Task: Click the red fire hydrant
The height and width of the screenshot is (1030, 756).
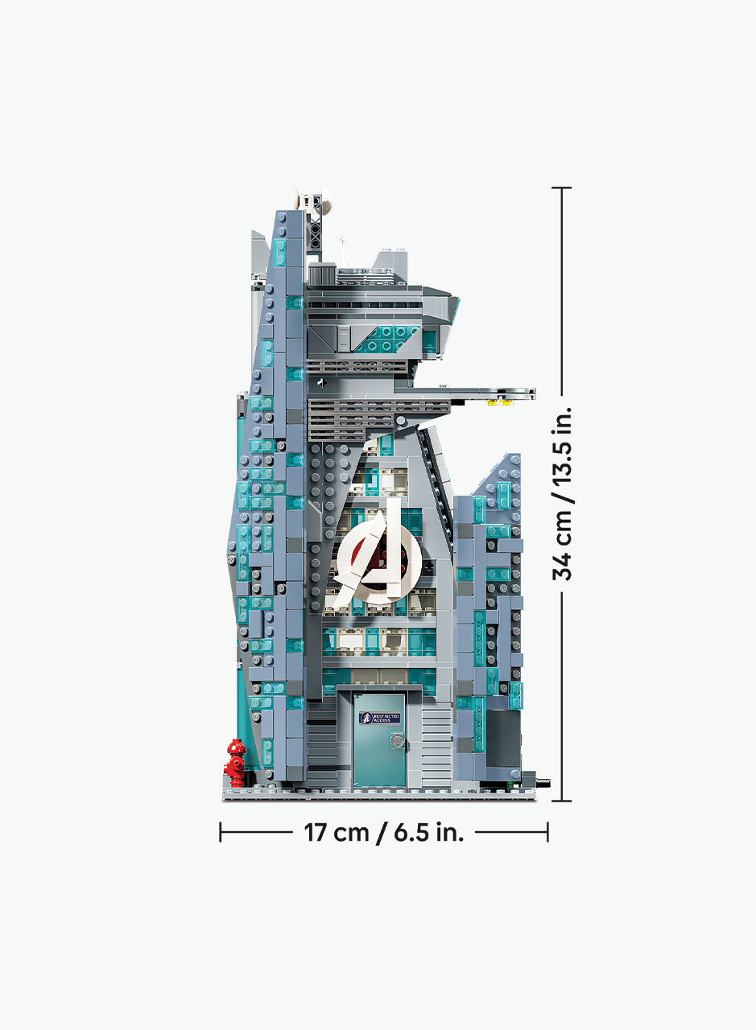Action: click(235, 763)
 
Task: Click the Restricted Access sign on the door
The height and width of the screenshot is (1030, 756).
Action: click(380, 718)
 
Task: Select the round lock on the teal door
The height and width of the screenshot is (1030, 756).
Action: click(397, 741)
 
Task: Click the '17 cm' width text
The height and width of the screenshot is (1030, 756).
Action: click(337, 832)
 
